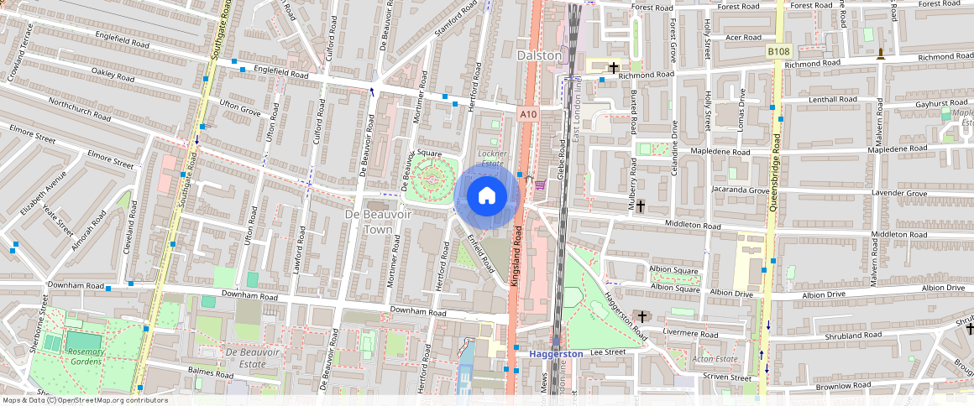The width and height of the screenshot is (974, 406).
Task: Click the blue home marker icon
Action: pos(486,196)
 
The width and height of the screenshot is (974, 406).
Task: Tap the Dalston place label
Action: pos(539,55)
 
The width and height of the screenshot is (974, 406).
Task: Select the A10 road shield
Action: pos(527,114)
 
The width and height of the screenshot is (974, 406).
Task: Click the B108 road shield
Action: pos(778,52)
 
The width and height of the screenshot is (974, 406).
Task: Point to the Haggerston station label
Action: pos(556,354)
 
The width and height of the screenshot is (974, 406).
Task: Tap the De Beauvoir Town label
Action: pos(369,221)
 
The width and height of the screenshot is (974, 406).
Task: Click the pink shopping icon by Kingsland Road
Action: pos(539,185)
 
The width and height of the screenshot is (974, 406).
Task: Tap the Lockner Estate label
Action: pos(492,159)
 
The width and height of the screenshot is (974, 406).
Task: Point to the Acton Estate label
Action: pos(690,359)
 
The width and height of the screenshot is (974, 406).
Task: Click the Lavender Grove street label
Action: pos(899,194)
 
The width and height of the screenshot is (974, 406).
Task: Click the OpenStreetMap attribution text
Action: pos(84,400)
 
